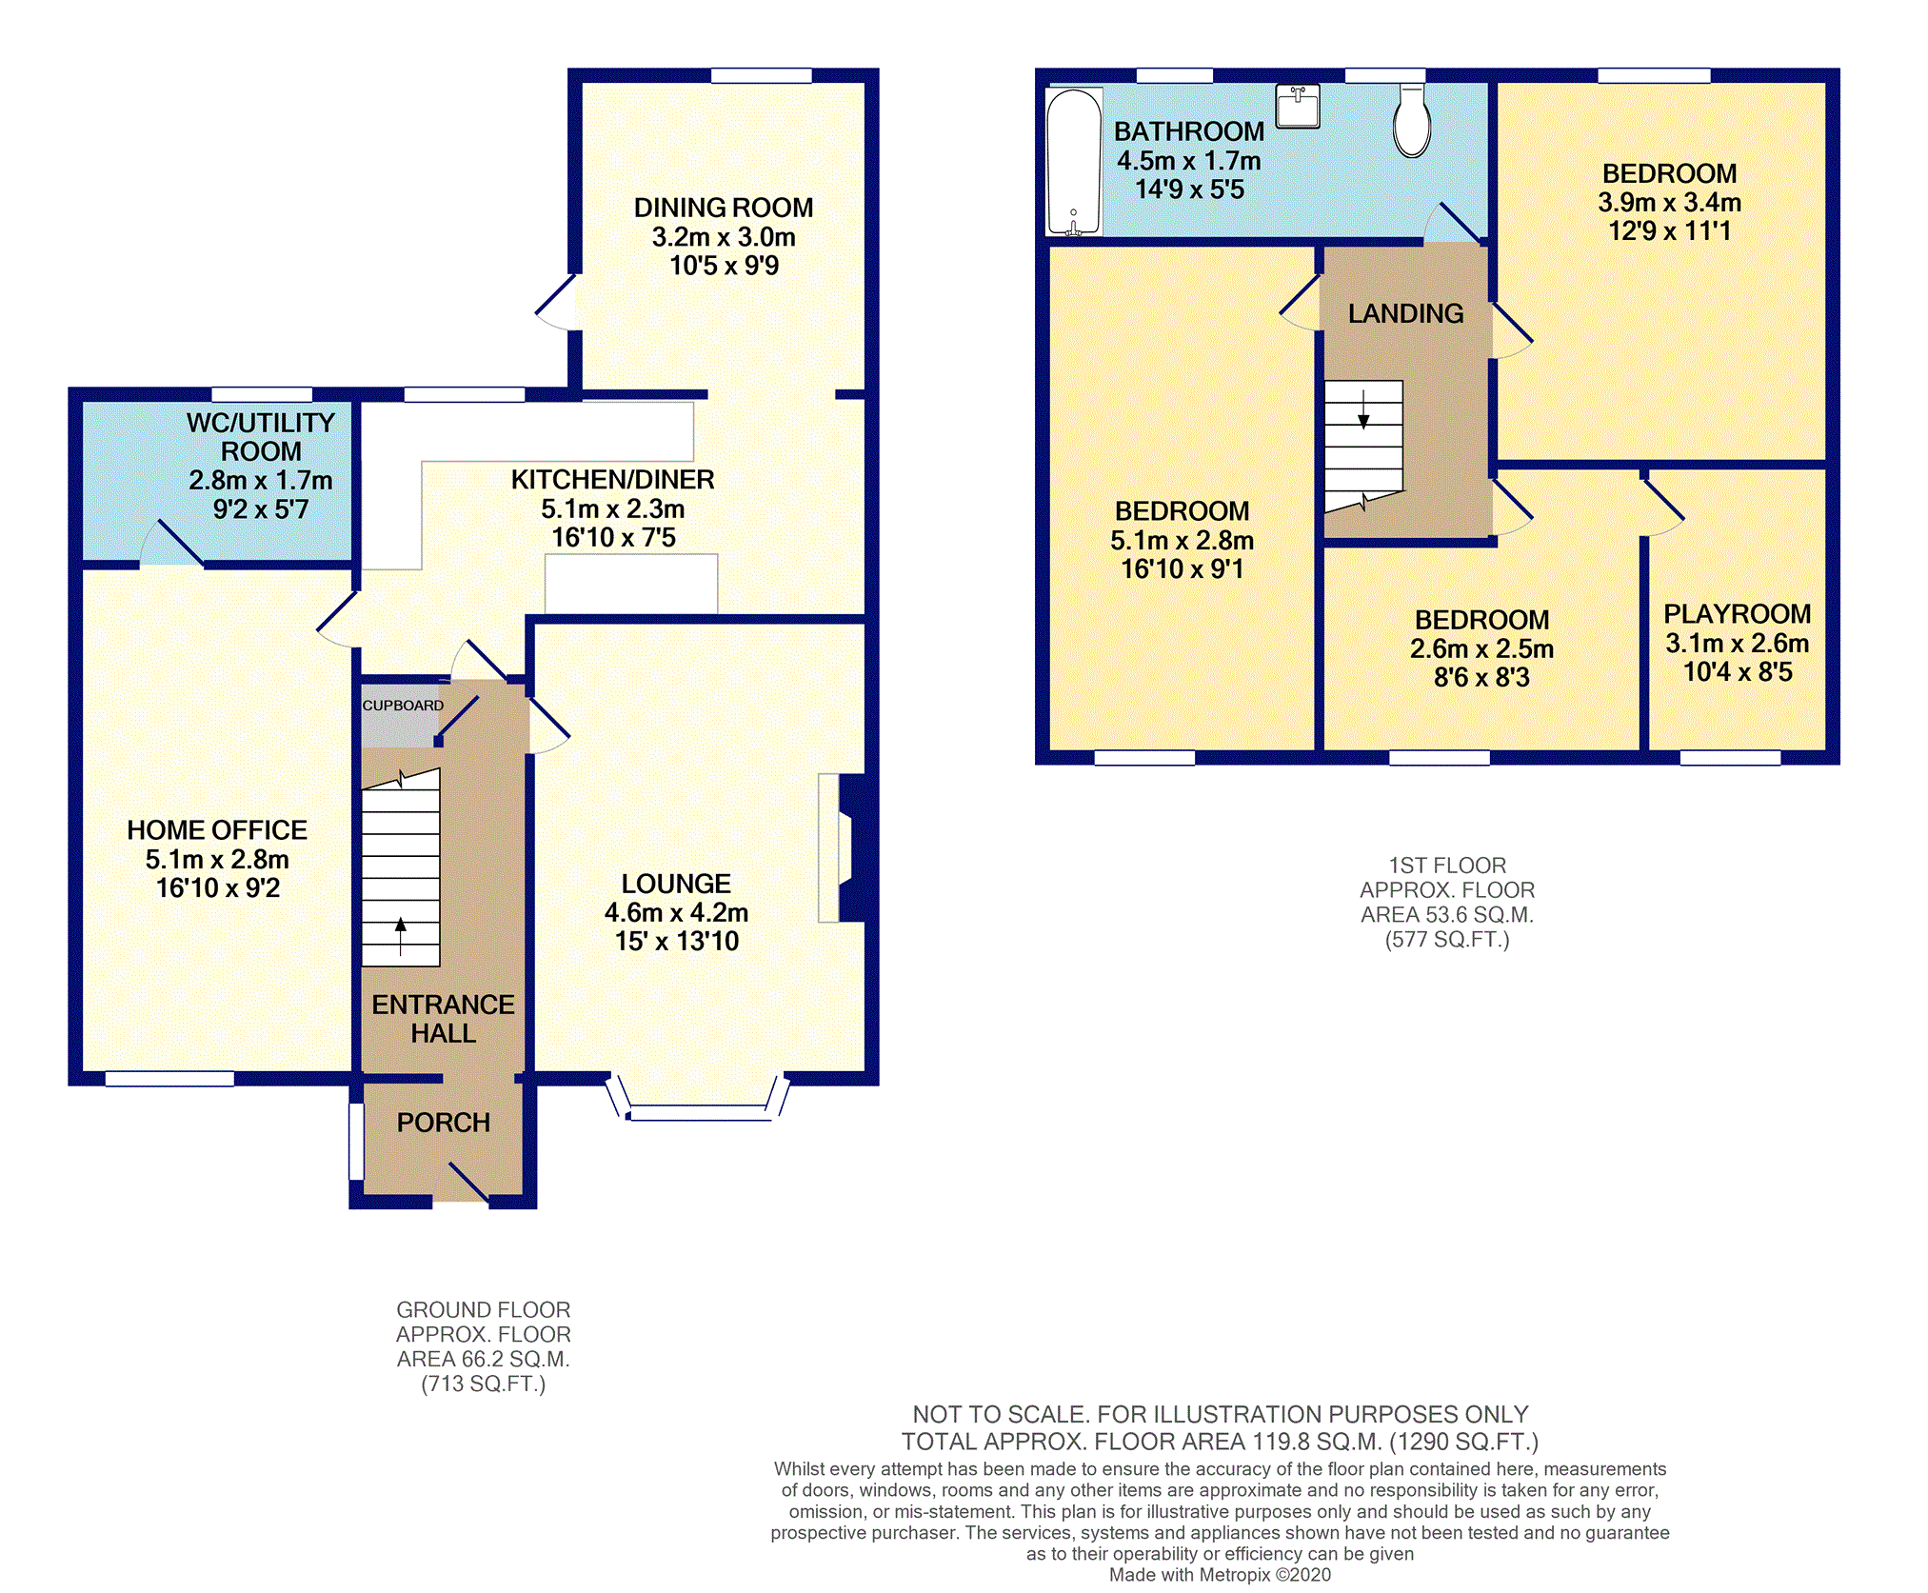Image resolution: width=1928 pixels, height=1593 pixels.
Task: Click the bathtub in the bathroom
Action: point(1074,161)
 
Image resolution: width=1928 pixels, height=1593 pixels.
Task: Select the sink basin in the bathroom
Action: point(1298,106)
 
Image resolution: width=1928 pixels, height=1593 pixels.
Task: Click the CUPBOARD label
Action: point(403,706)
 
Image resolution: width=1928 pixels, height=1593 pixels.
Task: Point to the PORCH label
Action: point(444,1123)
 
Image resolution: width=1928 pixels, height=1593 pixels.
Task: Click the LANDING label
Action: point(1405,313)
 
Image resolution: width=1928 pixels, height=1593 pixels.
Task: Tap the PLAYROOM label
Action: point(1737,614)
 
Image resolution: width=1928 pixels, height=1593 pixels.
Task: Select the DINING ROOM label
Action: point(724,208)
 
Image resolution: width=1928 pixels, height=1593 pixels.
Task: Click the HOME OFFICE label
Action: point(217,830)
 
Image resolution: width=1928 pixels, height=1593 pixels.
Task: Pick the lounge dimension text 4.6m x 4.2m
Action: point(676,912)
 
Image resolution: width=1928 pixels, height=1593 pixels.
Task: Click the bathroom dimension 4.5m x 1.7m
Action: point(1189,161)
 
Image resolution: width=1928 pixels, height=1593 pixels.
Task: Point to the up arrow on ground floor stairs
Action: point(401,936)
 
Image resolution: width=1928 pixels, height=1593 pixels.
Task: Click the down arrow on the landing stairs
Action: point(1363,409)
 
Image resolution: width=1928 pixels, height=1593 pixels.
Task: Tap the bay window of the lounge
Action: point(700,1112)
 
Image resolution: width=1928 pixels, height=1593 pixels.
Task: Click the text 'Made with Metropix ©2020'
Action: point(1220,1575)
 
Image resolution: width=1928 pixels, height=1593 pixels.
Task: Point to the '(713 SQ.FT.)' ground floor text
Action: point(484,1384)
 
